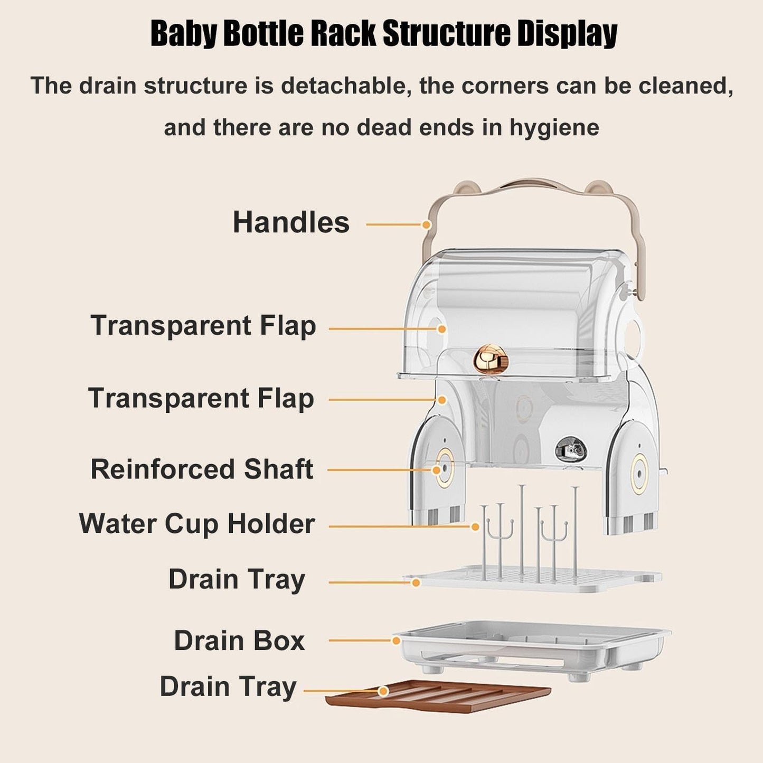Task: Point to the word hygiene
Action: pyautogui.click(x=554, y=128)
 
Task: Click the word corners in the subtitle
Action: pyautogui.click(x=505, y=86)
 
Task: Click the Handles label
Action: pyautogui.click(x=291, y=222)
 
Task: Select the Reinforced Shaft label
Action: pyautogui.click(x=202, y=469)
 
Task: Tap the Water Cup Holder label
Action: pyautogui.click(x=197, y=524)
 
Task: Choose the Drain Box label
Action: pyautogui.click(x=239, y=640)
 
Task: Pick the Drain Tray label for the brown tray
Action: pyautogui.click(x=228, y=687)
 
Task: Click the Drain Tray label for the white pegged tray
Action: pyautogui.click(x=237, y=579)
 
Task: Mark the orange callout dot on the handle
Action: pyautogui.click(x=427, y=224)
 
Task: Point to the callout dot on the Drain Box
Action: pyautogui.click(x=396, y=640)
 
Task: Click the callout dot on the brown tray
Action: pyautogui.click(x=384, y=691)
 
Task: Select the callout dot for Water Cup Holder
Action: pyautogui.click(x=475, y=526)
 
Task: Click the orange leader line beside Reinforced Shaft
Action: pyautogui.click(x=378, y=469)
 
